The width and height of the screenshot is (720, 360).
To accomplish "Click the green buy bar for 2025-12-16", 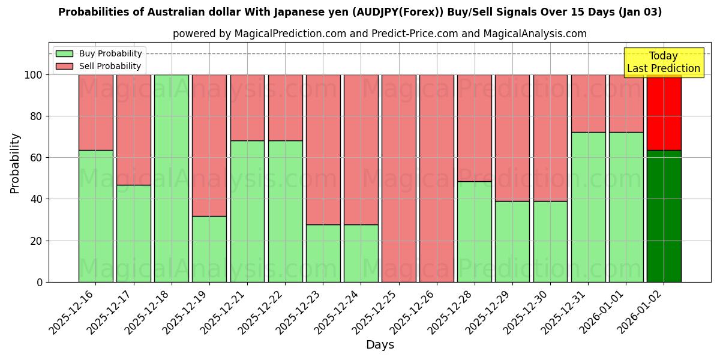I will point(95,216).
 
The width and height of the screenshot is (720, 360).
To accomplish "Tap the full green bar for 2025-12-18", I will point(172,178).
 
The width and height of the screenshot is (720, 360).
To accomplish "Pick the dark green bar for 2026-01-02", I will point(664,216).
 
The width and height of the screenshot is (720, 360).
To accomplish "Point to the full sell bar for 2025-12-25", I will point(399,178).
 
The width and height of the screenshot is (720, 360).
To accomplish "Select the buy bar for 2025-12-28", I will point(475,232).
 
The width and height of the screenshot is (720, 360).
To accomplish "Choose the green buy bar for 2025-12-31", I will point(589,207).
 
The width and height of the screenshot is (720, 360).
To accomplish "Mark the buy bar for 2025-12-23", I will point(323,253).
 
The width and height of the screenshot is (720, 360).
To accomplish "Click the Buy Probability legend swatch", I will point(64,54).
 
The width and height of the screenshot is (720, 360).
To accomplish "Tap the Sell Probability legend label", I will point(110,66).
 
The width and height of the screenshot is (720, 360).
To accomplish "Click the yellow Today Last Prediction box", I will point(664,62).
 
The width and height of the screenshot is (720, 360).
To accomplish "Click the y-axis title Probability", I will point(15,163).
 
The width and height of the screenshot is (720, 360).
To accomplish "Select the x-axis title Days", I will point(380,345).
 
